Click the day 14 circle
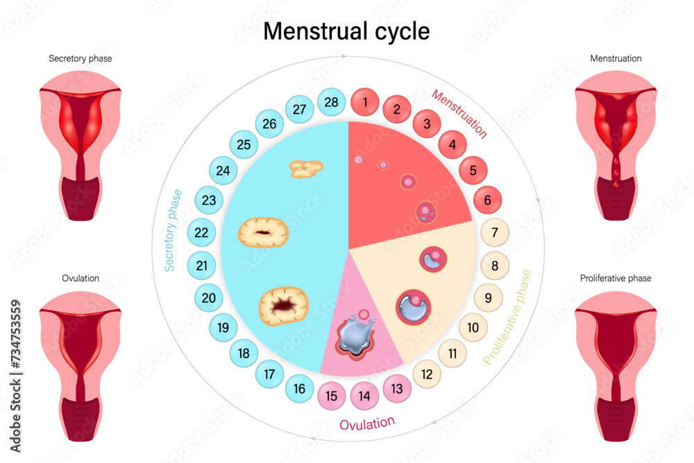364,396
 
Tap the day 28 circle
332,103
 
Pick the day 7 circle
495,233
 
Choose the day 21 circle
201,265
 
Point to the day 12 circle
428,374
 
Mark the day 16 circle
299,388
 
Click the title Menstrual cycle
346,31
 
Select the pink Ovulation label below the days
367,423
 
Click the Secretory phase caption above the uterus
81,59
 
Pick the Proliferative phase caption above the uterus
616,278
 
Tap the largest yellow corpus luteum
284,306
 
